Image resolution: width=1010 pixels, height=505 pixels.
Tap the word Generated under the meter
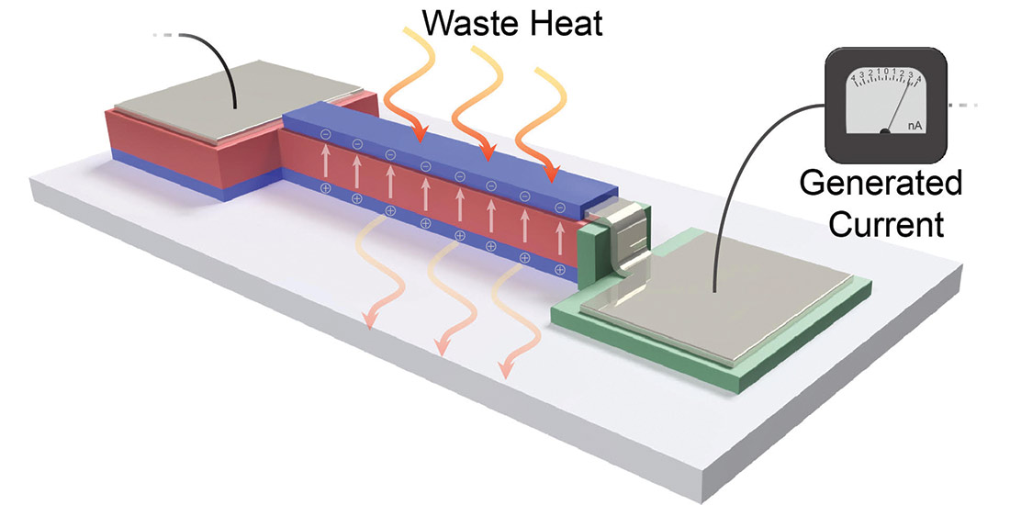881,184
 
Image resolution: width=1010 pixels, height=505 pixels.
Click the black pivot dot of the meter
884,132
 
